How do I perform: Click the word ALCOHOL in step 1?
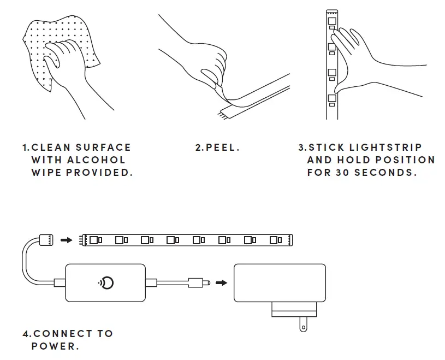[96, 160]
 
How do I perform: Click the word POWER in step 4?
[54, 346]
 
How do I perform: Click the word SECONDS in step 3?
[385, 173]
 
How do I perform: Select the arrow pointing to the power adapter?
[221, 282]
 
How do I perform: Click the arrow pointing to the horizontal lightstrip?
[66, 239]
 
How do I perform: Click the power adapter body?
[280, 282]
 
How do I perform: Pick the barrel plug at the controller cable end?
[199, 282]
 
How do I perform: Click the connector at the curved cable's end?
[45, 239]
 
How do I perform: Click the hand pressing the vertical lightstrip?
[371, 60]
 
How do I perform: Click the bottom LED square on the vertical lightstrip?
[331, 99]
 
